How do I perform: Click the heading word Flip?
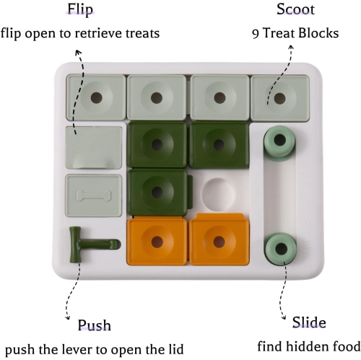80,10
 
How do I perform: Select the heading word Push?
94,325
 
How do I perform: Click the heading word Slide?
308,322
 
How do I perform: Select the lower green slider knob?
279,249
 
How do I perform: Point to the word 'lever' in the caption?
79,349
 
